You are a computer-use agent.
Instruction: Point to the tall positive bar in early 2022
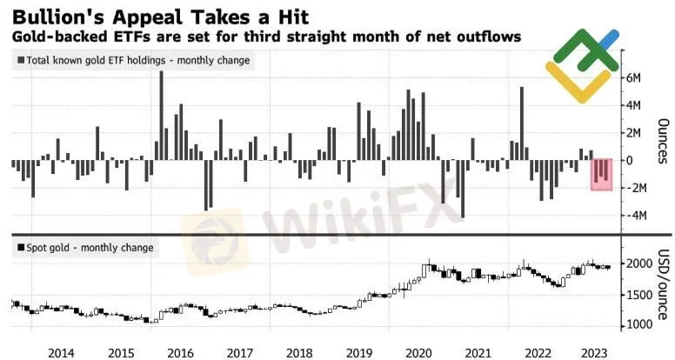coord(521,123)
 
